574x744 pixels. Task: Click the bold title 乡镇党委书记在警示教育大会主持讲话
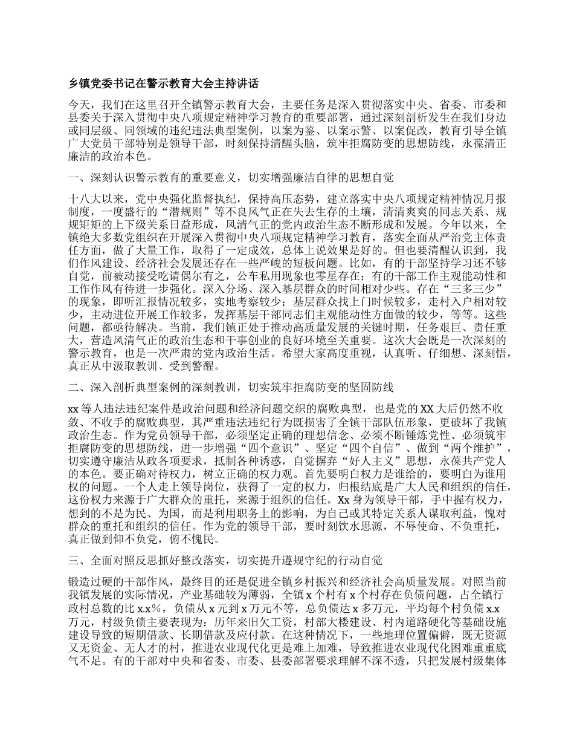[164, 83]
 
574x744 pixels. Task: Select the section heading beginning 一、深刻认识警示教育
[231, 178]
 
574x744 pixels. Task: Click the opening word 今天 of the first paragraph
[79, 104]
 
